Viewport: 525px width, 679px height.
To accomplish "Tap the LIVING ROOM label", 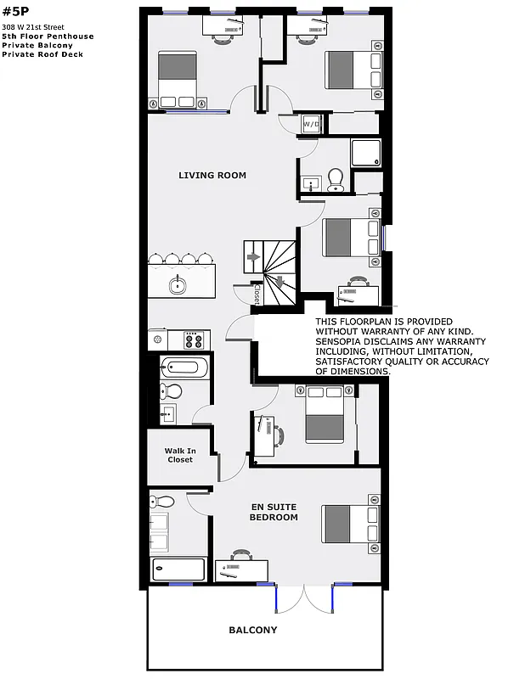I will (x=212, y=176).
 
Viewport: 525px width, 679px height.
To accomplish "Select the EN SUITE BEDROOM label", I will (x=274, y=512).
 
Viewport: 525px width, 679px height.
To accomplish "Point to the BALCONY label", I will (x=252, y=631).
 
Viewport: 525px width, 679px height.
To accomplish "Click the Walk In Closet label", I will (x=179, y=456).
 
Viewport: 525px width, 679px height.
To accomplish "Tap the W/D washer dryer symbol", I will (x=310, y=124).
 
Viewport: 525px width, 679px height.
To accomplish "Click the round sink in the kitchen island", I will (x=178, y=285).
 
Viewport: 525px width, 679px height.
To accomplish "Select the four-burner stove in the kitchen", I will (x=194, y=340).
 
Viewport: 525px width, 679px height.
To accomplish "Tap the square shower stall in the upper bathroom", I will (x=367, y=153).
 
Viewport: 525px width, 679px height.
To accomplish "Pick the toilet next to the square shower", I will (x=336, y=178).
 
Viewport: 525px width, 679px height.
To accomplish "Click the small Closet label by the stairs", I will (x=257, y=293).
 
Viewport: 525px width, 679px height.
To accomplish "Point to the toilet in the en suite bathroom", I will (x=165, y=501).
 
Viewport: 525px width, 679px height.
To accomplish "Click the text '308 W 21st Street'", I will (x=33, y=27).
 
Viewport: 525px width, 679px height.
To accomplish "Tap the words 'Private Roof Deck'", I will (x=37, y=54).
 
